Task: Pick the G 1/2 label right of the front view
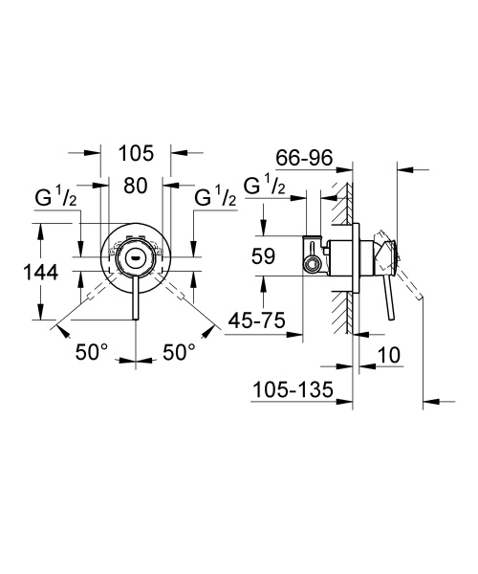click(215, 200)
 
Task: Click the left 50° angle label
click(94, 351)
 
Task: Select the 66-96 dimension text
click(303, 157)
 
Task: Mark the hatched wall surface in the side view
click(340, 287)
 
